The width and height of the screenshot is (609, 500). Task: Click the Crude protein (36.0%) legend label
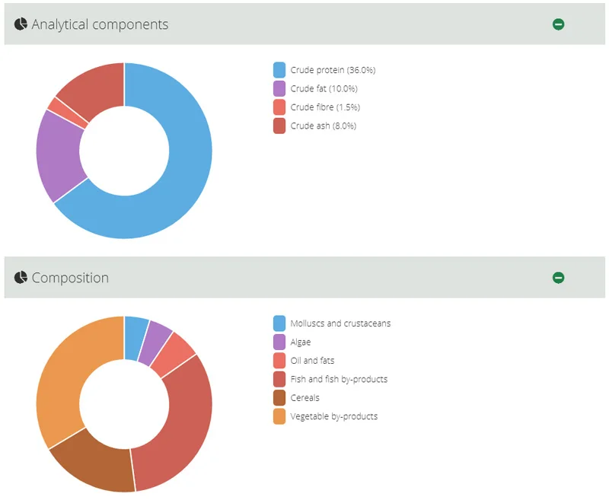[333, 70]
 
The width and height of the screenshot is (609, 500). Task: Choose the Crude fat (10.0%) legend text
[324, 89]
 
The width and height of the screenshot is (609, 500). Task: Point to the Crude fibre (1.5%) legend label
[325, 107]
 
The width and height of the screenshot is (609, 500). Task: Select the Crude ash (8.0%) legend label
[323, 126]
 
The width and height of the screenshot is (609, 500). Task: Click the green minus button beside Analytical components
[558, 24]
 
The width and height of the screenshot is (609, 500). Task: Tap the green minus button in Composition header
[558, 278]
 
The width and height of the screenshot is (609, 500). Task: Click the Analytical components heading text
[100, 24]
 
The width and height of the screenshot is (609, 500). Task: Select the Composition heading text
[70, 278]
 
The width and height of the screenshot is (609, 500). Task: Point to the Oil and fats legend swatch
[279, 361]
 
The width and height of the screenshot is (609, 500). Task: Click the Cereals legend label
[304, 398]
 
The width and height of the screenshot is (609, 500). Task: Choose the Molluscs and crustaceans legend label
[340, 323]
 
